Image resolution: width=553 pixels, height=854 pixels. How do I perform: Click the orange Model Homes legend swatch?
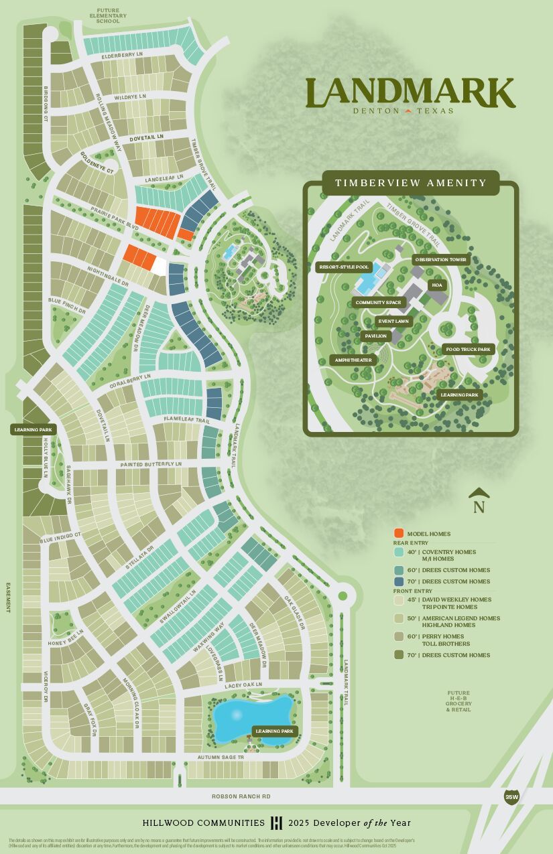(x=398, y=533)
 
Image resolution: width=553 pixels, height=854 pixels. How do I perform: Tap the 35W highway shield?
(x=511, y=796)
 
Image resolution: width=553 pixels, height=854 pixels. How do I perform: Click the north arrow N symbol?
(x=479, y=501)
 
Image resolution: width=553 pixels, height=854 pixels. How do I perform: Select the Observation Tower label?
(x=440, y=259)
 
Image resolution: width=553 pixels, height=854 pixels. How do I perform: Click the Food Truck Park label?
(x=468, y=349)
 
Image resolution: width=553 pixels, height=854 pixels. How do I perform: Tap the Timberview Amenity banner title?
(x=411, y=183)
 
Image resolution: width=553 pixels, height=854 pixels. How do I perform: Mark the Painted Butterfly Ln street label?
(x=151, y=464)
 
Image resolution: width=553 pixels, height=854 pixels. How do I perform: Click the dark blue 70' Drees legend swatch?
(x=398, y=581)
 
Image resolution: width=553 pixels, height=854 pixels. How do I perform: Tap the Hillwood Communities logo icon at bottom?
(x=276, y=823)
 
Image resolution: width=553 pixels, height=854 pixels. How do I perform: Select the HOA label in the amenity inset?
(x=437, y=285)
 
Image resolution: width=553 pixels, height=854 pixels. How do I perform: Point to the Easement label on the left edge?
(x=8, y=597)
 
